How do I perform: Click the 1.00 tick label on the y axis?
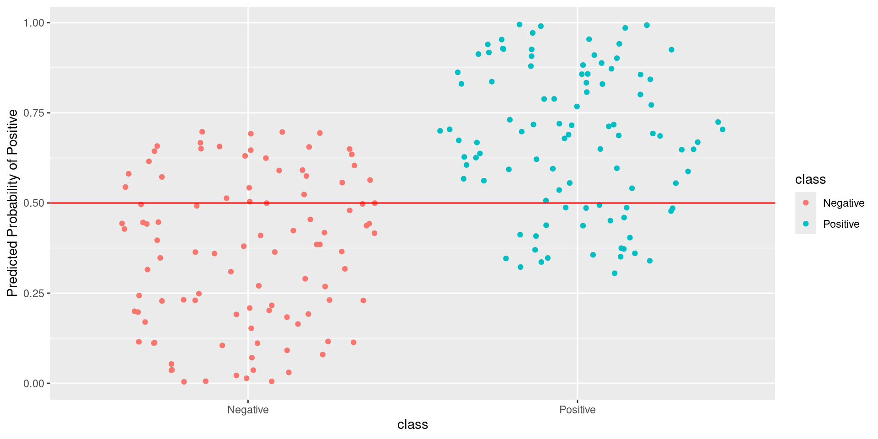point(33,23)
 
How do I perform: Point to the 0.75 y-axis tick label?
point(33,113)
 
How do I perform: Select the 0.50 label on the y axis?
point(33,203)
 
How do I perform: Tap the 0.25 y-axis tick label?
point(33,293)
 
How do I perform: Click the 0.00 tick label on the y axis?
point(33,383)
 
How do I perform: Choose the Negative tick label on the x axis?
point(248,410)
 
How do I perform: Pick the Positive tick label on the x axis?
point(578,410)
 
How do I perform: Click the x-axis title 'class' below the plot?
point(412,425)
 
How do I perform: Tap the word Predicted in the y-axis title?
point(12,270)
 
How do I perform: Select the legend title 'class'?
point(810,179)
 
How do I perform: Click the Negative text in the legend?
point(844,203)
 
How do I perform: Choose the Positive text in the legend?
point(841,224)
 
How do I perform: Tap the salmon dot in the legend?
point(806,203)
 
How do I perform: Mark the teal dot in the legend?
point(806,224)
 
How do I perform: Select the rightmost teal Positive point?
point(723,129)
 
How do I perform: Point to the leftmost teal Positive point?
point(440,131)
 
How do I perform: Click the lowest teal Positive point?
point(615,273)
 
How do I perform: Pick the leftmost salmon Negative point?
point(122,224)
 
